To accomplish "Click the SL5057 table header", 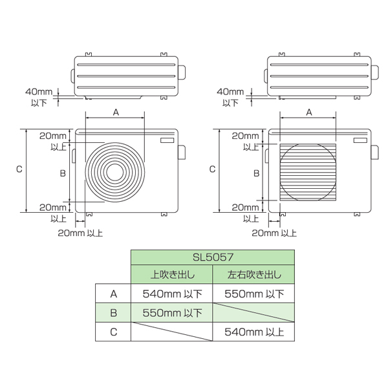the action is coord(213,257).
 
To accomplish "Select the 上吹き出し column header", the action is coord(172,274).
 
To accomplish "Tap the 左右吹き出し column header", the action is coord(253,274).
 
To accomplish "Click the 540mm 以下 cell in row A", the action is coord(172,294).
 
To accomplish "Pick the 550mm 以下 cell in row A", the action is coord(253,294).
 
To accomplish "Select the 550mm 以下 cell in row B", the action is coord(172,313).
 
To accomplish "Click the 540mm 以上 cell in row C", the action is coord(253,332).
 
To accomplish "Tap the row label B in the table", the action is coord(113,313).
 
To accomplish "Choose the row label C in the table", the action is coord(113,332).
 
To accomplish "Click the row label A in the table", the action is coord(113,294).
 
